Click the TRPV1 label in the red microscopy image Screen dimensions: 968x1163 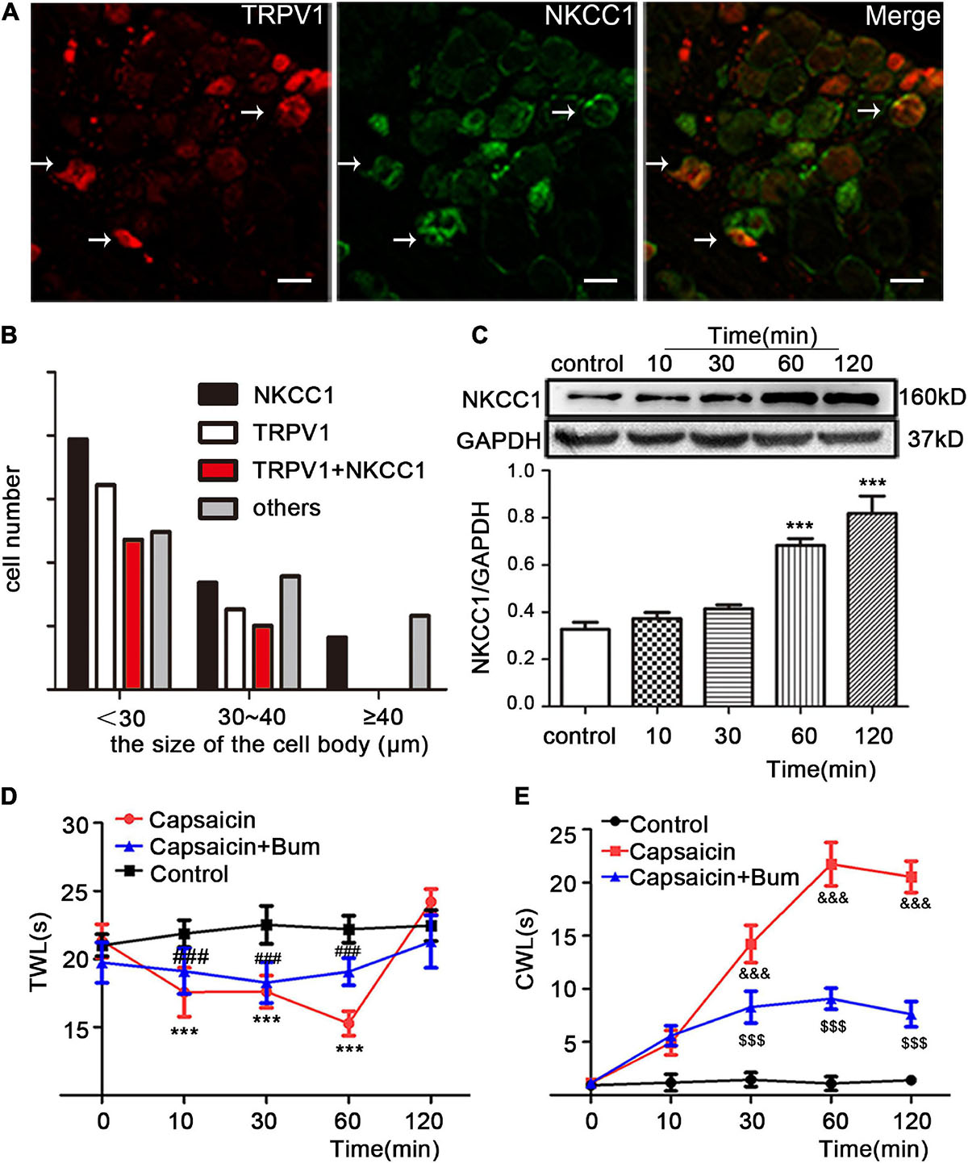[282, 15]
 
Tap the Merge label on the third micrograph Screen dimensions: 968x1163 [902, 17]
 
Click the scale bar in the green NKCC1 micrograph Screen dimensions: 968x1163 [600, 280]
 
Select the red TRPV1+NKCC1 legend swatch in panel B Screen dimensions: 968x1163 [218, 469]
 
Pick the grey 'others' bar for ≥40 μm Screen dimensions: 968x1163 [419, 652]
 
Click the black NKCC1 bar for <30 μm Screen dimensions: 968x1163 [78, 564]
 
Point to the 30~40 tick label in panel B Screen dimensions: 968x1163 [252, 717]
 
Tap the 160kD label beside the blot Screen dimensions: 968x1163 [932, 397]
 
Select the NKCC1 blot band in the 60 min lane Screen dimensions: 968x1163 [791, 398]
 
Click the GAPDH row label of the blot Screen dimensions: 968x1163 [499, 440]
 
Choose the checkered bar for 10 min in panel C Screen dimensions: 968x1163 [657, 661]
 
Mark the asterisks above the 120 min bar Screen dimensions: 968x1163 [872, 483]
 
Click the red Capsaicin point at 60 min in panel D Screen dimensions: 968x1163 [348, 1023]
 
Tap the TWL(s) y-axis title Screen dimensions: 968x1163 [39, 952]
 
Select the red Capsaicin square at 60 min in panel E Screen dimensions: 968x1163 [832, 865]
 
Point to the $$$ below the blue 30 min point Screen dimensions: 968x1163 [751, 1040]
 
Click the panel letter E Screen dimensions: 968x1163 [522, 796]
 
